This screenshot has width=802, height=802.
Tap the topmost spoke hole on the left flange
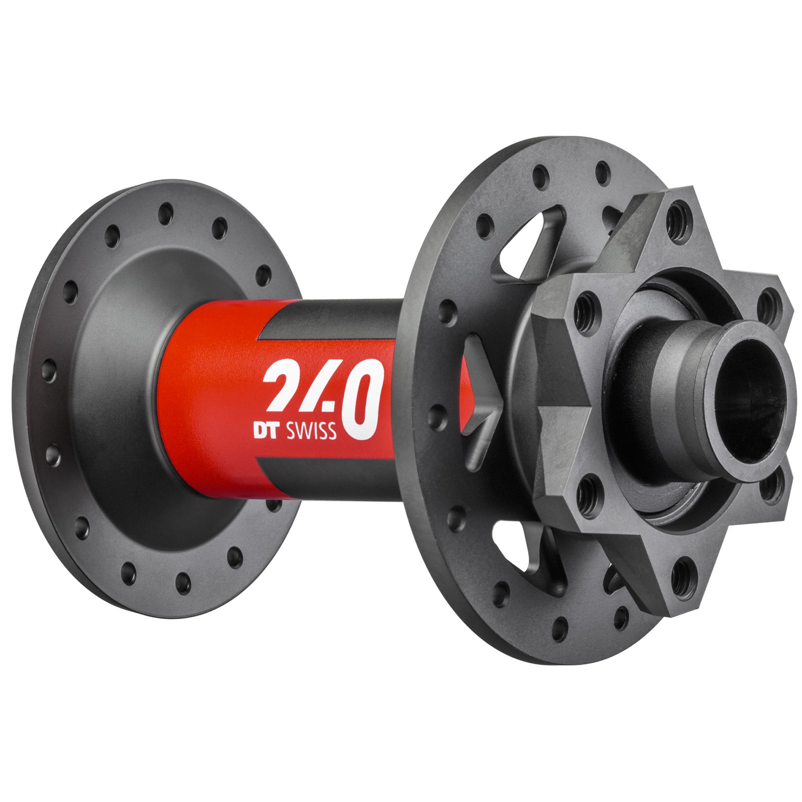(x=166, y=214)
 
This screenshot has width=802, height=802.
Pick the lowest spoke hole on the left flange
(x=182, y=583)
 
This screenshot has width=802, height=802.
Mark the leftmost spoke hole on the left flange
(x=49, y=370)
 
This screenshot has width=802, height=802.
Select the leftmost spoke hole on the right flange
(x=437, y=417)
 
